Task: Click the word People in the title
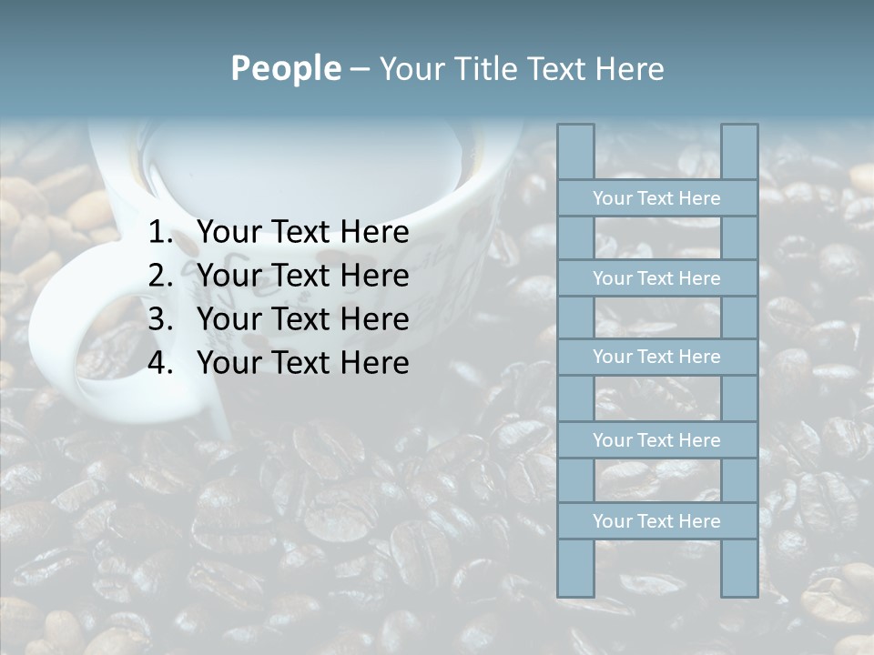click(285, 68)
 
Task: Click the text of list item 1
click(302, 233)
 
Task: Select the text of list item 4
click(302, 363)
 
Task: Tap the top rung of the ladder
click(656, 198)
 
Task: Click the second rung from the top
click(656, 278)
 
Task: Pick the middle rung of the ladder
click(656, 357)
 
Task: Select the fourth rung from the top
click(656, 440)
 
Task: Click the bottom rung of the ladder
click(656, 521)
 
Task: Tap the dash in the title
click(360, 69)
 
